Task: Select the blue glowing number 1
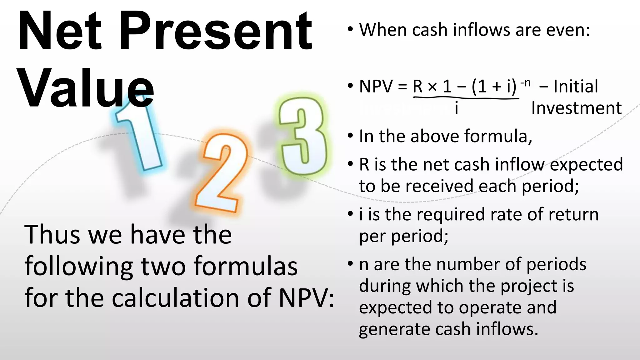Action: point(137,137)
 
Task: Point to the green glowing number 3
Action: point(302,136)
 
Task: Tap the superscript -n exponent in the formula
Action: point(525,83)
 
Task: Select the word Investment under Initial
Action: point(576,108)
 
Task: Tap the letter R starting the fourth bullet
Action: point(364,165)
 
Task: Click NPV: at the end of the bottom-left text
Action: point(306,298)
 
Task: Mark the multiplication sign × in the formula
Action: point(432,87)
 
